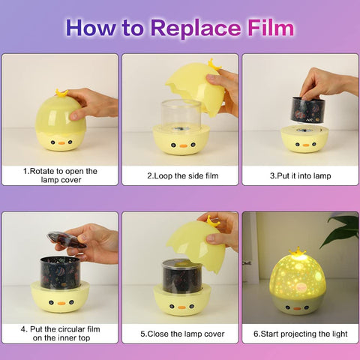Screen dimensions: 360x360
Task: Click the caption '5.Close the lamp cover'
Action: click(180, 332)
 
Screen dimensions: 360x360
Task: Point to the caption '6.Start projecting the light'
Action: click(299, 332)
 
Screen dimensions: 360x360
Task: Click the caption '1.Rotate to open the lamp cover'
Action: click(60, 175)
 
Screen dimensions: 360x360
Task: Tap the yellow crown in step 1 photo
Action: click(61, 93)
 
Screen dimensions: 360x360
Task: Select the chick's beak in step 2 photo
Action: click(180, 142)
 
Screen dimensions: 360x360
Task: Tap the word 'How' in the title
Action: click(94, 28)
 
